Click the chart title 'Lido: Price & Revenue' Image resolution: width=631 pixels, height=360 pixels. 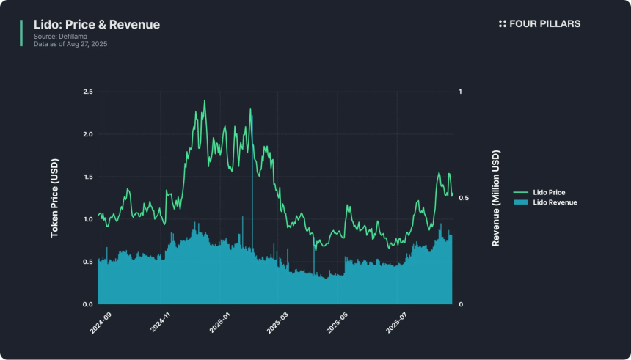[x=97, y=25]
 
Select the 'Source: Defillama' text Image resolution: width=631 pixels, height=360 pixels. [x=59, y=37]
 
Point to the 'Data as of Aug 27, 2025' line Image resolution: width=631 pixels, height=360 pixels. [x=70, y=45]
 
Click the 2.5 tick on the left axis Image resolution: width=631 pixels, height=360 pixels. [x=88, y=92]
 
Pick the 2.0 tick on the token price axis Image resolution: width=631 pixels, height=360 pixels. [x=88, y=134]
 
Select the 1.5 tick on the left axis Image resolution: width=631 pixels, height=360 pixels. [x=88, y=177]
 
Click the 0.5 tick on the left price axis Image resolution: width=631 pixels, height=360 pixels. [x=88, y=262]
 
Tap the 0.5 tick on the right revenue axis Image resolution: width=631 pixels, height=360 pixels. [x=462, y=198]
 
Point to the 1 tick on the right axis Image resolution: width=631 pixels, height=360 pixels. [x=460, y=92]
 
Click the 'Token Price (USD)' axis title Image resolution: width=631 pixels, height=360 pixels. [x=55, y=198]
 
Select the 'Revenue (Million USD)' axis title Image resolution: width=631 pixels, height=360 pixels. [x=496, y=198]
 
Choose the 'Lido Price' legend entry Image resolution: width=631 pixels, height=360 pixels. [x=549, y=192]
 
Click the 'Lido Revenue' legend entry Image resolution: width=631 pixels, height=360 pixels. [x=554, y=202]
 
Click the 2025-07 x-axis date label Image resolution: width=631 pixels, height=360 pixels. [x=396, y=323]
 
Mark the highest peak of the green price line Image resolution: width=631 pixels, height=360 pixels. [x=205, y=100]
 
